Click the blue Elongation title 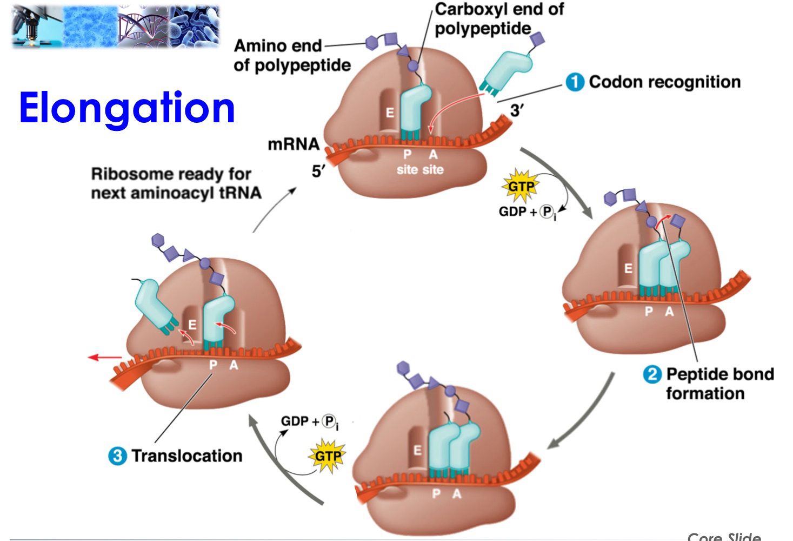127,108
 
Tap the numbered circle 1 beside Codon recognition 575,82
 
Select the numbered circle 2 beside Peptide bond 652,374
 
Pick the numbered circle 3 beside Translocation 117,456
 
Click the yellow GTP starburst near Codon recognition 521,187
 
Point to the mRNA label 293,144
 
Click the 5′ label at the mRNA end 318,171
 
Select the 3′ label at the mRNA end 516,110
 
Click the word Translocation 186,456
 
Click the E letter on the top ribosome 389,113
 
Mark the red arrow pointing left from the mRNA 105,357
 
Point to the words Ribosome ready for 171,174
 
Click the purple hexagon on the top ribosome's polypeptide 372,43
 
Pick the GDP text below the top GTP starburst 512,212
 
